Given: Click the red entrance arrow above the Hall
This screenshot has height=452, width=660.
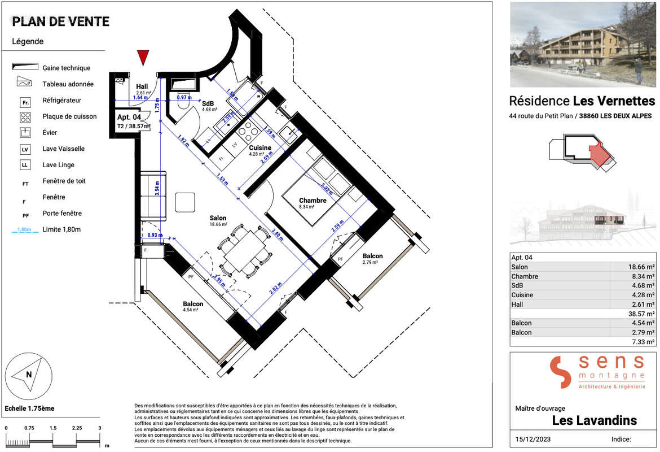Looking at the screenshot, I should pos(143,58).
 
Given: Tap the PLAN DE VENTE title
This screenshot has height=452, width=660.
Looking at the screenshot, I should pos(61,22).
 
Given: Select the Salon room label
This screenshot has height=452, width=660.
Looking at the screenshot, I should pos(218,218).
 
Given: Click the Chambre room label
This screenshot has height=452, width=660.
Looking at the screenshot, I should pos(313,201).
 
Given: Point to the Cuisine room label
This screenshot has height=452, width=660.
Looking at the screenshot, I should pos(261,148).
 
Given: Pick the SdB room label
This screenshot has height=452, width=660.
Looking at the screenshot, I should pos(208,103).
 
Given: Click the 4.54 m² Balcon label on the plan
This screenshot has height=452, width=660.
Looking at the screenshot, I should pos(193,304).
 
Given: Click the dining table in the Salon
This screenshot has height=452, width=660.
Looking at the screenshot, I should pos(244,250).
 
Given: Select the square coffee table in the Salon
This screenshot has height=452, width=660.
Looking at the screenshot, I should pos(185,202).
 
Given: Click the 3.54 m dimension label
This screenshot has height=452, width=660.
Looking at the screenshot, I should pos(157,188).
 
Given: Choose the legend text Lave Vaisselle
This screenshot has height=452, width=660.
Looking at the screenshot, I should pos(63,149).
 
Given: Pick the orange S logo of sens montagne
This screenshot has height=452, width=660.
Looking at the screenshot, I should pos(561,372).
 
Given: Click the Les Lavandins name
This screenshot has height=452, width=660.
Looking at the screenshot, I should pos(594,421).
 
